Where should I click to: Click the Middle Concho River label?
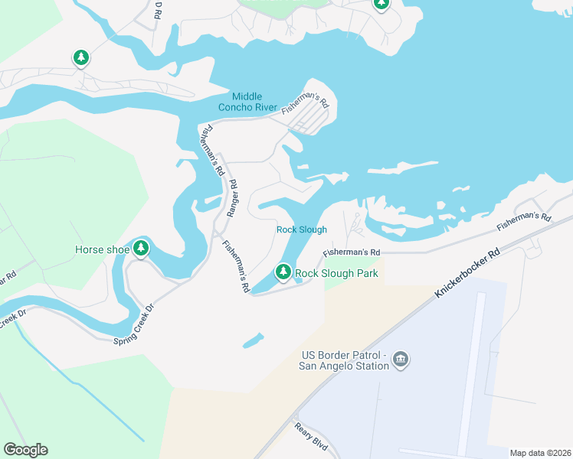point(247,102)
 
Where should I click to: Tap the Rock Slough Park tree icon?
point(283,272)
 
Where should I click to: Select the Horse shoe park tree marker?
point(140,248)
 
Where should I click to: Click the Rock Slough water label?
point(302,229)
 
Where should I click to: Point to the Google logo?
point(25,450)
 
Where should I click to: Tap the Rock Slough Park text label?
point(337,273)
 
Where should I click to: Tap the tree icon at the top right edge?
point(381,4)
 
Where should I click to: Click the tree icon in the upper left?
point(81,57)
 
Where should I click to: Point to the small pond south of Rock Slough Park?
point(254,340)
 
